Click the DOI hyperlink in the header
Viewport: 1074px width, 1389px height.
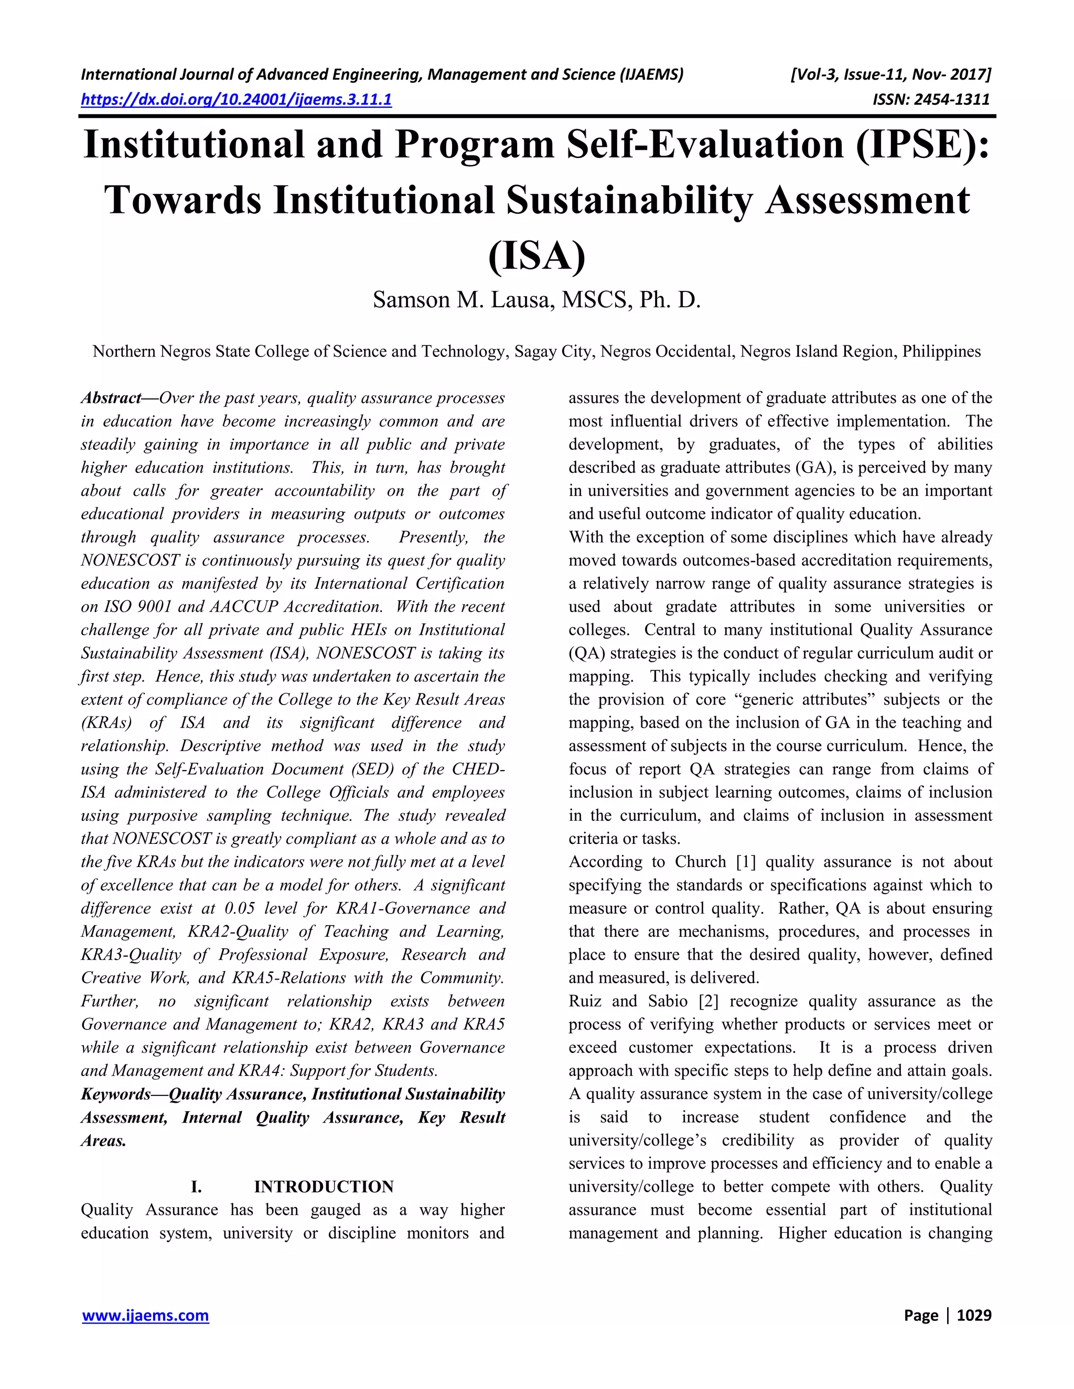[x=236, y=100]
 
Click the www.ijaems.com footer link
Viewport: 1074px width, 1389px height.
[x=145, y=1315]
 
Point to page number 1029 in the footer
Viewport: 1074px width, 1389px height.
[x=973, y=1315]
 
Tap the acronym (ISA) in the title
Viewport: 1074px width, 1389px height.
[x=536, y=256]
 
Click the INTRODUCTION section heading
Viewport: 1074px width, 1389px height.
[x=323, y=1187]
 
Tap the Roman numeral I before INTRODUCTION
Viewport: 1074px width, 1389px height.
[x=197, y=1187]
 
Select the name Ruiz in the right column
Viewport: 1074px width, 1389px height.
[x=585, y=1001]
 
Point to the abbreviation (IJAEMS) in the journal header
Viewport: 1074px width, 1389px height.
[x=651, y=75]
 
